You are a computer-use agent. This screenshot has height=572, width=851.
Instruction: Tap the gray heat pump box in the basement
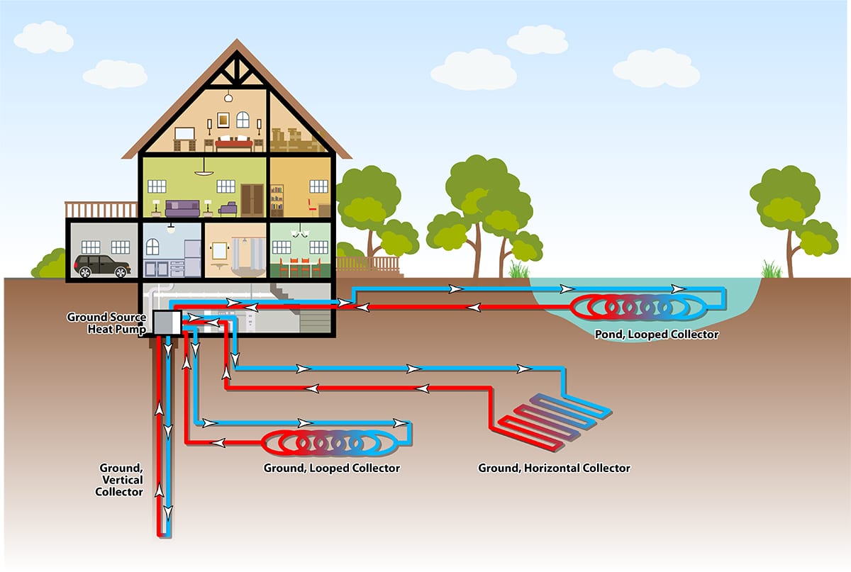pos(167,323)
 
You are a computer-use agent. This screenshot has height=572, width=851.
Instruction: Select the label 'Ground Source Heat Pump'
pos(106,323)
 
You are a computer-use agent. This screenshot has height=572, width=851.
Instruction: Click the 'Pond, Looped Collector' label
pos(656,335)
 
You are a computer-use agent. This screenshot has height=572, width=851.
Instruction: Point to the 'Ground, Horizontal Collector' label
pos(554,468)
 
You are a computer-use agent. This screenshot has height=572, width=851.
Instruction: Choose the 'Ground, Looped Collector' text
pos(331,468)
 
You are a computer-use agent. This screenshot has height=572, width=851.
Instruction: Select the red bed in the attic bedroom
pos(234,145)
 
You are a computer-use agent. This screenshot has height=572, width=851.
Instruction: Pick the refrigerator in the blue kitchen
pos(193,257)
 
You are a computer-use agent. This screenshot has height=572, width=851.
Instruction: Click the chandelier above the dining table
pos(301,232)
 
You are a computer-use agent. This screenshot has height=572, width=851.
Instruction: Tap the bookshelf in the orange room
pos(277,201)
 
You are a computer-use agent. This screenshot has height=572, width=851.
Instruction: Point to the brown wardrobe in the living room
pos(251,199)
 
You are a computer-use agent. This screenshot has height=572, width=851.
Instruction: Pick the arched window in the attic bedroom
pos(243,120)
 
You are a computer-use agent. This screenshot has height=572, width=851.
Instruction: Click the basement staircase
pos(312,312)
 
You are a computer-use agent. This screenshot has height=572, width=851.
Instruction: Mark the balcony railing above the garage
pos(101,209)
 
